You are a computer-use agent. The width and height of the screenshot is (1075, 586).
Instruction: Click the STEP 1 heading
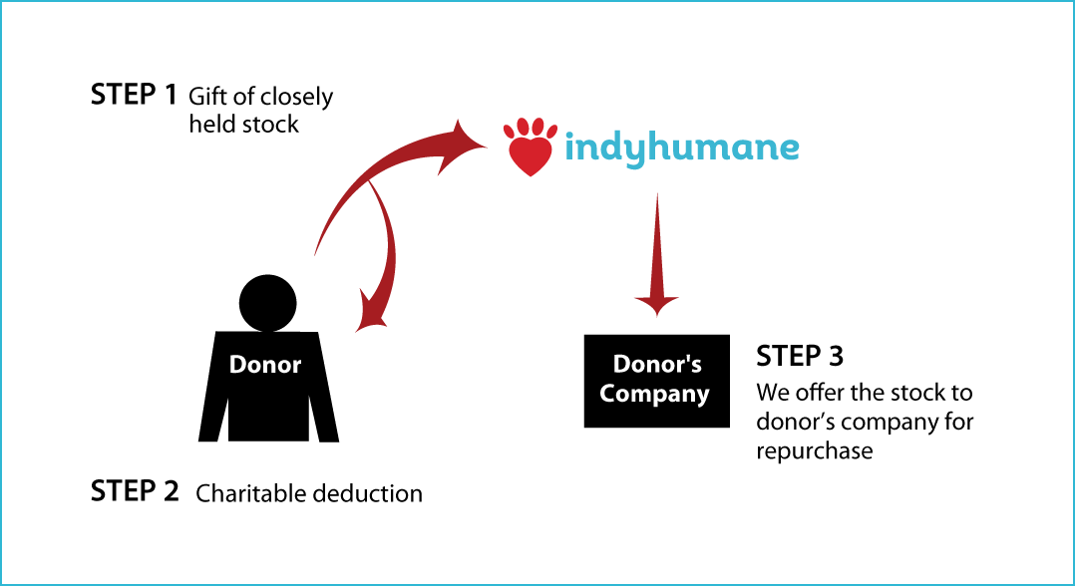click(134, 96)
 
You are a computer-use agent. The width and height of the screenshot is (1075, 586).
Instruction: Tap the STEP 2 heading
click(135, 491)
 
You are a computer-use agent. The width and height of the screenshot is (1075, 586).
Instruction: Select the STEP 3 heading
click(800, 357)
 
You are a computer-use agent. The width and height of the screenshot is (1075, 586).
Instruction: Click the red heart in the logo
click(531, 155)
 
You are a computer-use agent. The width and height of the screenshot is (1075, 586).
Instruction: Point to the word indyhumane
click(682, 146)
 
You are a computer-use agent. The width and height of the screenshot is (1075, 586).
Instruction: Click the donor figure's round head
click(268, 302)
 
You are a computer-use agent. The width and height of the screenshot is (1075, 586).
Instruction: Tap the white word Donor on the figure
click(265, 365)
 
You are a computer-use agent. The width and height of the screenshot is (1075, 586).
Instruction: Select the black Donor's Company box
click(657, 381)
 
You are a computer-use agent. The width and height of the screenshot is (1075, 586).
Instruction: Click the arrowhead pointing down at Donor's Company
click(657, 305)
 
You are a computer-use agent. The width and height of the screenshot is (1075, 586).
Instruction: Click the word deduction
click(366, 493)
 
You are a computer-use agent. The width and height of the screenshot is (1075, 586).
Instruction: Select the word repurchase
click(815, 451)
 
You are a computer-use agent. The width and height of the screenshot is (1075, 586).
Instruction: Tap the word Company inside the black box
click(654, 395)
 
